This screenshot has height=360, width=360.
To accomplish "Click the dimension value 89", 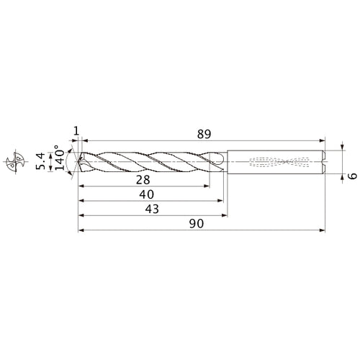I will (204, 133).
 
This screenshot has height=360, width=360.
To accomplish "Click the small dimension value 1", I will (76, 130).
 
